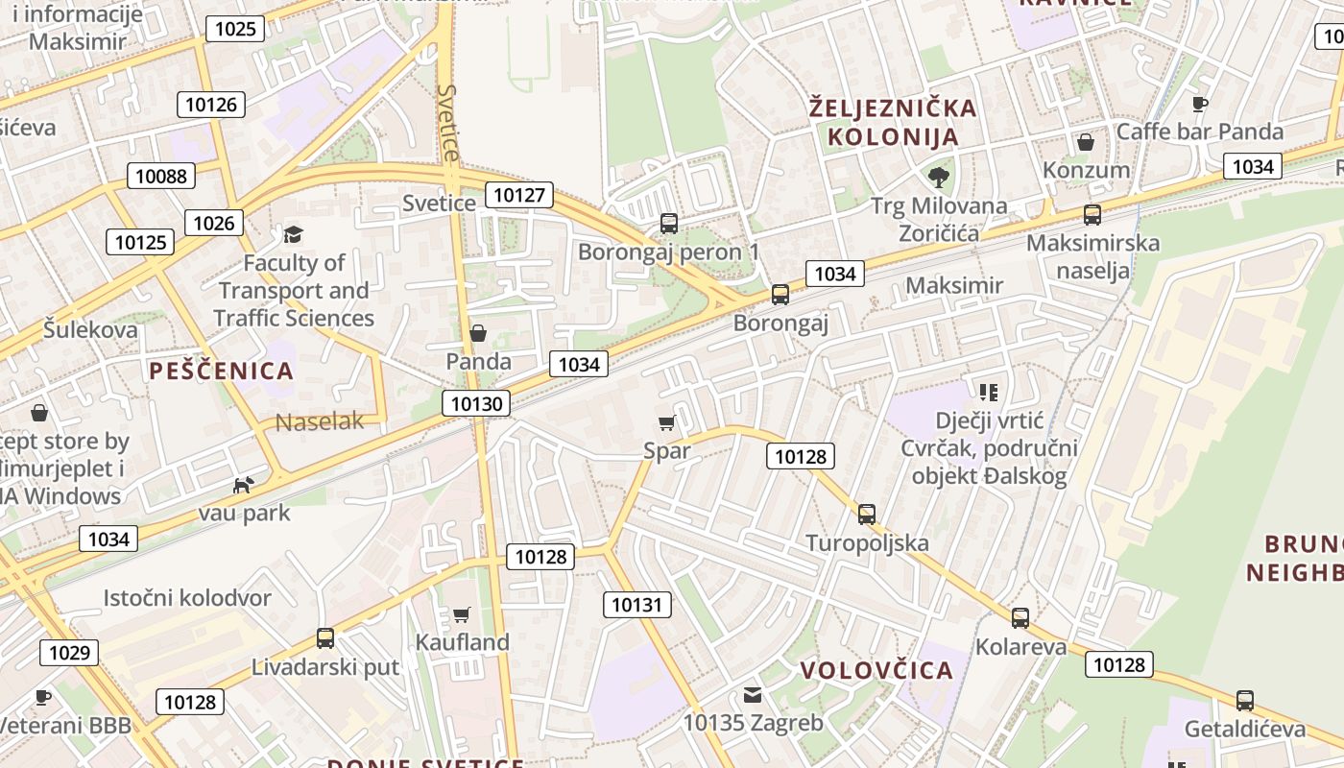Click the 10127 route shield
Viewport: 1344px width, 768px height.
pos(519,196)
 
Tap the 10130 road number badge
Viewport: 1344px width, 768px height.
pos(476,403)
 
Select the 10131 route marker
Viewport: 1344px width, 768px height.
pos(636,604)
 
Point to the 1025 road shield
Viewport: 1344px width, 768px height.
pos(235,29)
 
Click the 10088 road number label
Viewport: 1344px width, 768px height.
pos(162,176)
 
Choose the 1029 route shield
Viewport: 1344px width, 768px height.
pos(69,653)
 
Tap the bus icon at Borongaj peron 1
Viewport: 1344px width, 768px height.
pos(669,224)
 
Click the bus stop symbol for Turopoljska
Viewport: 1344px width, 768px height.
pos(867,515)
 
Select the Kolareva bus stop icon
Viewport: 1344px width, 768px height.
pos(1020,618)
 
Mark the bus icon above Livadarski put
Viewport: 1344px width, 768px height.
pos(325,637)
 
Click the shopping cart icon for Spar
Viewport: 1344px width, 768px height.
pos(667,422)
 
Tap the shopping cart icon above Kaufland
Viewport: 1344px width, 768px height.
pos(462,614)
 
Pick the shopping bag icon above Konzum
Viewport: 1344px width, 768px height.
pos(1086,142)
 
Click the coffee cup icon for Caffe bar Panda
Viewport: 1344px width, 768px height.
pos(1199,104)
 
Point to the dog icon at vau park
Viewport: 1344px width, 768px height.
pos(244,485)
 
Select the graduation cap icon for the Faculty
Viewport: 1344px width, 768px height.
pos(293,234)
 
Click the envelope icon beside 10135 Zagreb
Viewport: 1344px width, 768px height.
pos(753,695)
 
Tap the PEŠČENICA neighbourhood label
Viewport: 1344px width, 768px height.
pos(221,371)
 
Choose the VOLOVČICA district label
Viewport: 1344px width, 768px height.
pos(876,670)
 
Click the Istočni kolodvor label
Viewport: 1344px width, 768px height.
pos(187,598)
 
